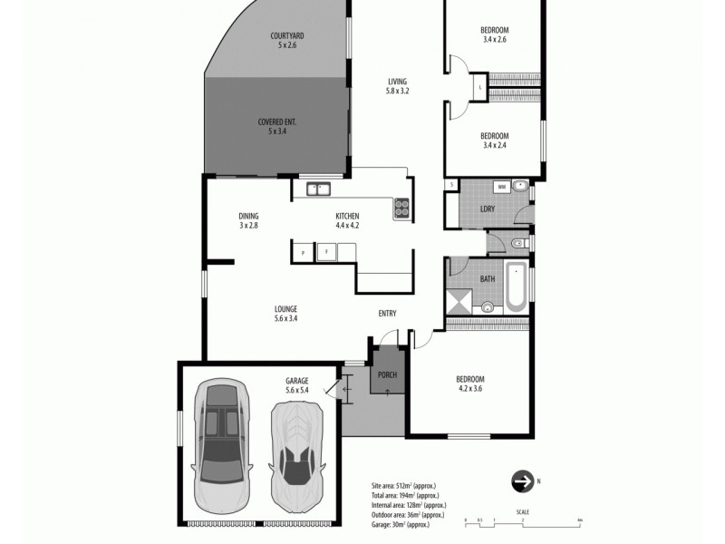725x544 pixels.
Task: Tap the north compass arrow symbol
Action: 522,481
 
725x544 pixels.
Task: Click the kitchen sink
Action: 319,189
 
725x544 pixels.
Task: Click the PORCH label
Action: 387,374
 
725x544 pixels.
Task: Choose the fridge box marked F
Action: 325,251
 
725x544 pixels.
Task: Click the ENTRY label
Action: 387,314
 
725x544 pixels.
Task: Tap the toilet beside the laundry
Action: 518,243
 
